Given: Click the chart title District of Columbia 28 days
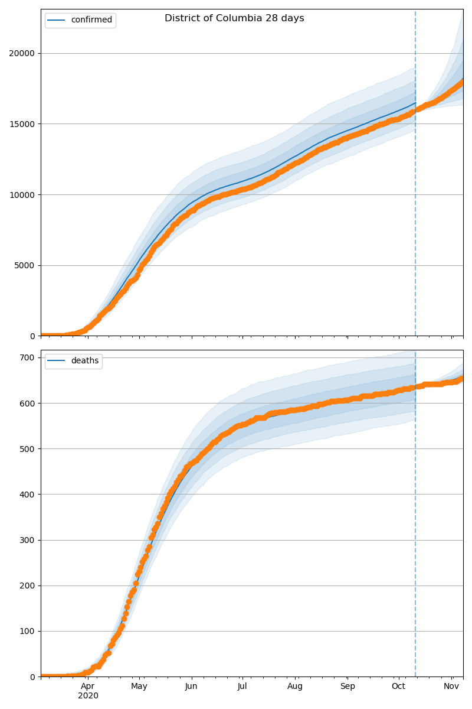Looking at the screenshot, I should [234, 18].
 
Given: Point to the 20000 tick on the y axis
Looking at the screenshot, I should [22, 53].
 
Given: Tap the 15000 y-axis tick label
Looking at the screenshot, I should [22, 124].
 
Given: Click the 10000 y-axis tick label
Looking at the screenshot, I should [22, 195].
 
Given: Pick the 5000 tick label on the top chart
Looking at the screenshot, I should [25, 265].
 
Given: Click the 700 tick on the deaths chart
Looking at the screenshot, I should [28, 357].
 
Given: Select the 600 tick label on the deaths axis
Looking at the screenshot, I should [28, 403].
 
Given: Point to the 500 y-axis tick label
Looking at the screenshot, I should [28, 449].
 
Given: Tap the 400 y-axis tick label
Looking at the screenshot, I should [28, 495].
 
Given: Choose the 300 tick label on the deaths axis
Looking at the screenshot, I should [28, 540].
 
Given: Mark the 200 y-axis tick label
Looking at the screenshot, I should [28, 586].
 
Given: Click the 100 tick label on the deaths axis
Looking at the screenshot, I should [28, 631].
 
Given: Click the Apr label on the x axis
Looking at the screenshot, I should [88, 687].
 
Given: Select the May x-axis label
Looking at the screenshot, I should [139, 687].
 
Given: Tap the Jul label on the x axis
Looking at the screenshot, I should [242, 687].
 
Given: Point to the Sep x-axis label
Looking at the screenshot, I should [348, 687].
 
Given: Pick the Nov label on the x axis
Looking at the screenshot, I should [451, 687].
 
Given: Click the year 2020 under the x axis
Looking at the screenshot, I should [88, 696].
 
